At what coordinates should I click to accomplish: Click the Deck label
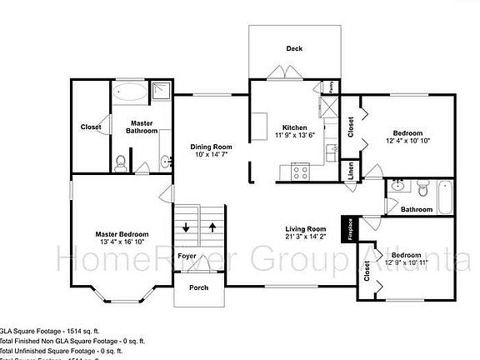coord(294,49)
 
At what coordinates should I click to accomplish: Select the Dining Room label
coord(210,147)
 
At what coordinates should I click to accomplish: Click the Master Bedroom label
coord(122,234)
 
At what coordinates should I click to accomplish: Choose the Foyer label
coord(187,256)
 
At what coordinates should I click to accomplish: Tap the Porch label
coord(198,288)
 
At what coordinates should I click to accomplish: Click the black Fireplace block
coord(347,229)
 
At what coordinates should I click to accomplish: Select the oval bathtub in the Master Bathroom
coord(128,92)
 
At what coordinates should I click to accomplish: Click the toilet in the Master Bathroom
coord(121,162)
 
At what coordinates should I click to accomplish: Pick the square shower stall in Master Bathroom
coord(160,92)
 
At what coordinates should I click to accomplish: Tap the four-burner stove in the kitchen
coord(300,172)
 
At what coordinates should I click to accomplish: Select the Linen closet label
coord(351,171)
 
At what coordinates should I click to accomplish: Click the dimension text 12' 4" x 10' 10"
coord(407,142)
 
